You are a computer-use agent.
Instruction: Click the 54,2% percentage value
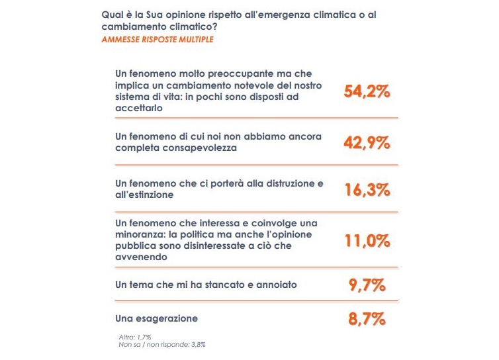click(x=367, y=92)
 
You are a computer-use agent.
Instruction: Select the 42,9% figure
click(x=367, y=142)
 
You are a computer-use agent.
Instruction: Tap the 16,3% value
click(x=367, y=190)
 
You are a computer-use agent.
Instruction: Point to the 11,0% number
click(x=367, y=240)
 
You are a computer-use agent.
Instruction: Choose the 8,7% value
click(x=367, y=319)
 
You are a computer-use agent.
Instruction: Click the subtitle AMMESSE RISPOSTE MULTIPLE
click(x=157, y=40)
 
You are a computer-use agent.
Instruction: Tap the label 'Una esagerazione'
click(x=156, y=319)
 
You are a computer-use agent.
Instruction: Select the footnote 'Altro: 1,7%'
click(x=135, y=337)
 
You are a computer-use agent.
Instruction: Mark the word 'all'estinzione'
click(x=144, y=195)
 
